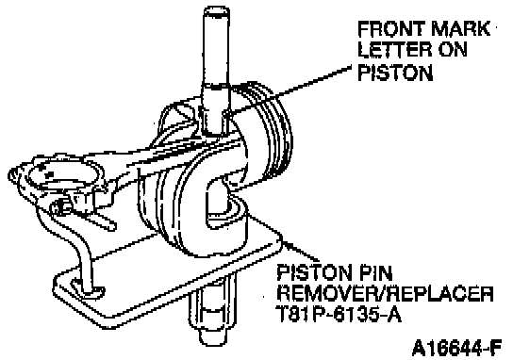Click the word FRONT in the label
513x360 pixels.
390,29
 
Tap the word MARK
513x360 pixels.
461,29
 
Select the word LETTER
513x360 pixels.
395,50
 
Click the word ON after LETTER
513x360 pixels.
453,50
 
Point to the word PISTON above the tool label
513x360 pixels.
395,73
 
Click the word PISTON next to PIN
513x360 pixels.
314,272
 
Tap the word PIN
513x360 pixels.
375,272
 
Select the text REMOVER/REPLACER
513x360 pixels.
385,293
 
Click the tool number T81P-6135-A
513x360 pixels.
339,314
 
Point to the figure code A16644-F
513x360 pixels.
456,349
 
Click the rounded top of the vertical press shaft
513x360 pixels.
216,11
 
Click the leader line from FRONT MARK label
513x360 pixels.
289,90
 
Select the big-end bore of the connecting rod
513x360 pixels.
61,174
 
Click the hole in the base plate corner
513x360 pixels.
88,287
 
